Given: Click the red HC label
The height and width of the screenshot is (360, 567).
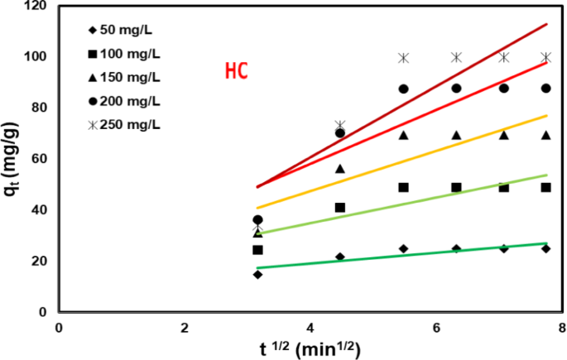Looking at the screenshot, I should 237,71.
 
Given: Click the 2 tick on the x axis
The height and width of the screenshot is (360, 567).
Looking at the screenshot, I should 184,327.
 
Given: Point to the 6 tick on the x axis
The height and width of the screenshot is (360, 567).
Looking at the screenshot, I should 435,327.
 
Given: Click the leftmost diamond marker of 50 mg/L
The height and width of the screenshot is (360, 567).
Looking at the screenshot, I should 257,274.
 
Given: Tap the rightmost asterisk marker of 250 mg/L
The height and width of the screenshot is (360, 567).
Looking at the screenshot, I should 546,57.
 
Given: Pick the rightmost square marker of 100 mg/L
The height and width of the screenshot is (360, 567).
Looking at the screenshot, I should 546,187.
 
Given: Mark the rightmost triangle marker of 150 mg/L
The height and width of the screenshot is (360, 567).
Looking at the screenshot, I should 546,135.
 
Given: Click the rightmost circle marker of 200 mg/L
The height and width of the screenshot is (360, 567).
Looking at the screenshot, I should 546,89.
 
